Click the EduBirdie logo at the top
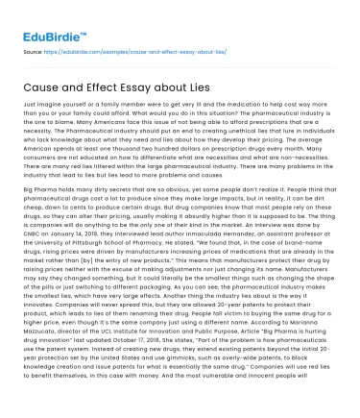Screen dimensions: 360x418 (50, 38)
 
